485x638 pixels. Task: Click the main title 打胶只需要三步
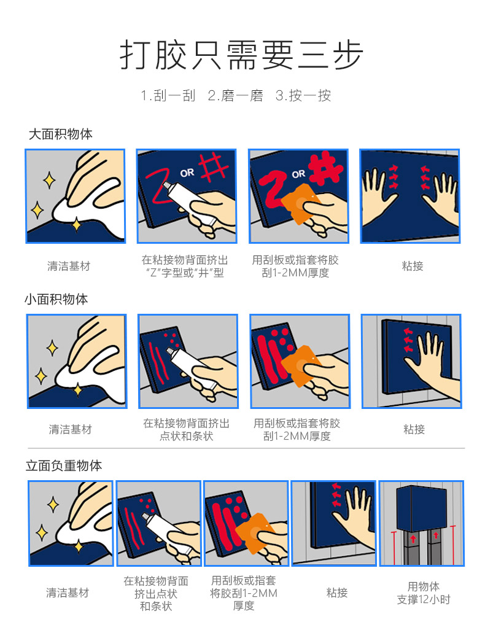[242, 55]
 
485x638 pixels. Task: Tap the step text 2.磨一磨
[236, 96]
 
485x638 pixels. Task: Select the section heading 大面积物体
[61, 134]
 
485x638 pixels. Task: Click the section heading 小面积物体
[56, 299]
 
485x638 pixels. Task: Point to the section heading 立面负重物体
[64, 465]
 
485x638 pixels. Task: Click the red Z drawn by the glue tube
[158, 185]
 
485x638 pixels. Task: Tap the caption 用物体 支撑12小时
[424, 593]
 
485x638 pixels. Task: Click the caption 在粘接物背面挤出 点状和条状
[187, 430]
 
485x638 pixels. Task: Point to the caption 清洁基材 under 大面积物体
[69, 266]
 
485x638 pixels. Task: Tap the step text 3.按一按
[303, 96]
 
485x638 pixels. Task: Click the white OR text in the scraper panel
[298, 174]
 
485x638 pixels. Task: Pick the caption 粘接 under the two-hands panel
[413, 266]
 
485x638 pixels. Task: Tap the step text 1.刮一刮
[168, 96]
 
